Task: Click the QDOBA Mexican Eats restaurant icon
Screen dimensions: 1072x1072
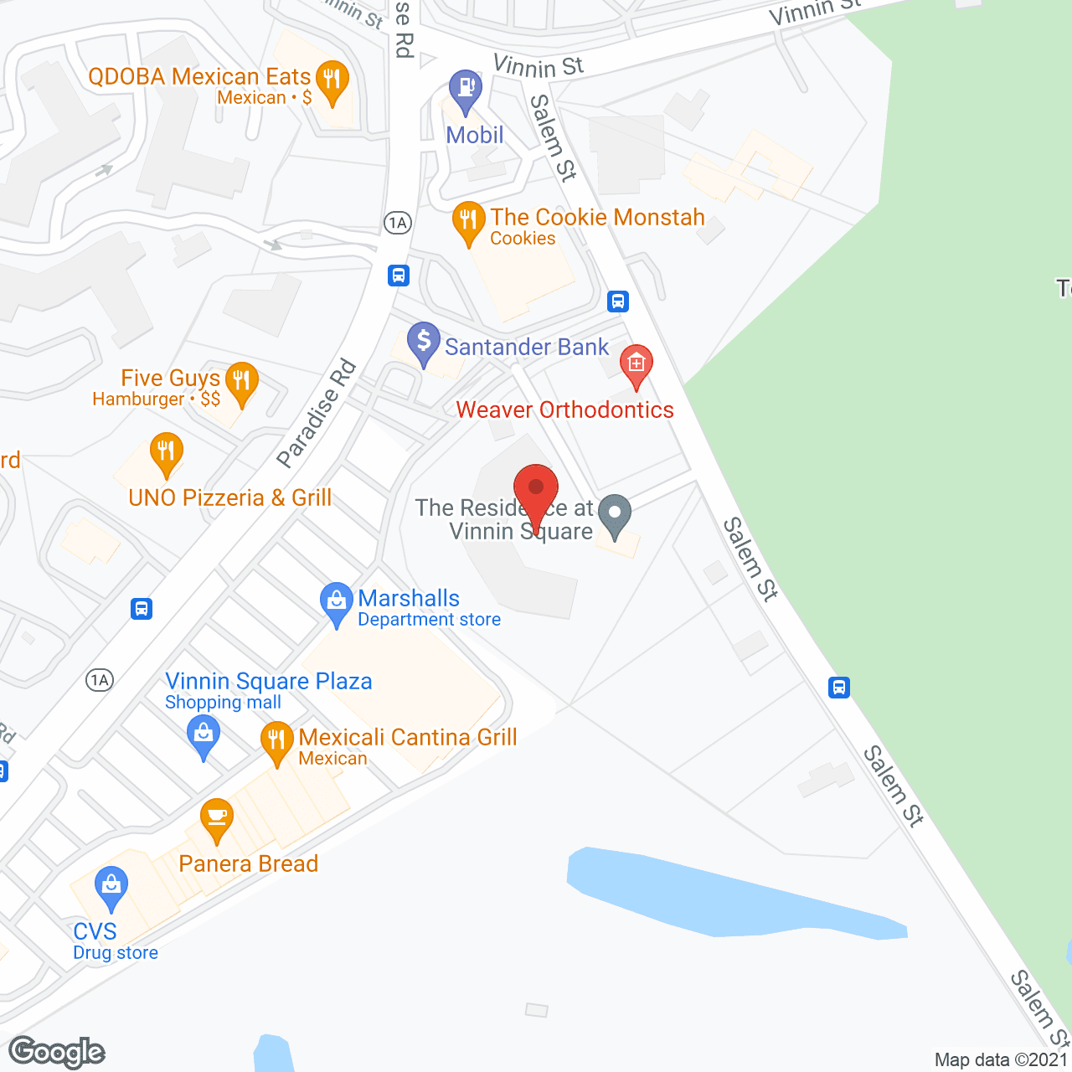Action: point(333,81)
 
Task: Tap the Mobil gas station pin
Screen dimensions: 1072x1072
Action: point(465,89)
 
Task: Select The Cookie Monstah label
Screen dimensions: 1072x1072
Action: point(597,218)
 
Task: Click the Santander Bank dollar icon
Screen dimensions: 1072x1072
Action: point(424,342)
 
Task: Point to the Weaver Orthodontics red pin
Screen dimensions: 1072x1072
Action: point(636,364)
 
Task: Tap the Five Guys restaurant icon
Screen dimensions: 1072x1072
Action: point(241,383)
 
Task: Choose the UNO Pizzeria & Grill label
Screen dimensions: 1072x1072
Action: point(230,497)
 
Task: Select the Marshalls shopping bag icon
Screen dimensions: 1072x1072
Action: point(337,601)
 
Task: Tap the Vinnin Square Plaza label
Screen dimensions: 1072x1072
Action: point(268,682)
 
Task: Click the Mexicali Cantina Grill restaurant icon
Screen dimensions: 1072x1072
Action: point(276,740)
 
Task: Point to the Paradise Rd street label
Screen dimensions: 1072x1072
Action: point(317,414)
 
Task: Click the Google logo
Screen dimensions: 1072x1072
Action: point(57,1052)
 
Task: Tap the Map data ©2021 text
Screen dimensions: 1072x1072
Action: point(1001,1059)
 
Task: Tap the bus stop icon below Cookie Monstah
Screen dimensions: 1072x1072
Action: point(618,301)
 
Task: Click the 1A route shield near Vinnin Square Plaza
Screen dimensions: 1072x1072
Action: point(99,679)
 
